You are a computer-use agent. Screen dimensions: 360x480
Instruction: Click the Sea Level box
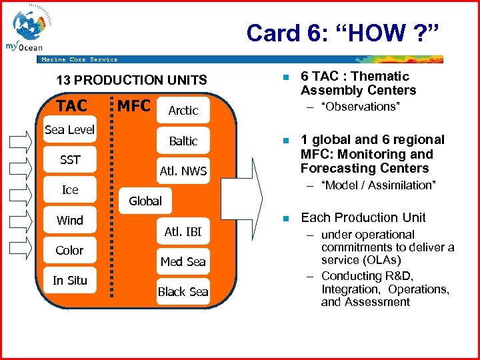pos(70,129)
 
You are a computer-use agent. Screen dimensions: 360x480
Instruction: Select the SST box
pos(70,160)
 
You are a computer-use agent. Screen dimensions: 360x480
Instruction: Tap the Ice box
pos(70,190)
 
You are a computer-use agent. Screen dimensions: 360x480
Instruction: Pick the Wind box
pos(70,221)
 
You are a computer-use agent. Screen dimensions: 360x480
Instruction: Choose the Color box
pos(70,251)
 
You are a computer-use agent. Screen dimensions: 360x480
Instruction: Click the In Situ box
pos(70,281)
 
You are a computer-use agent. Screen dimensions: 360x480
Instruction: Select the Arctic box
pos(183,111)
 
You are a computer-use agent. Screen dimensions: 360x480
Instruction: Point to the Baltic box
pos(183,141)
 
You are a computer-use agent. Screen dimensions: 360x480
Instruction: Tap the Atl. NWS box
pos(183,171)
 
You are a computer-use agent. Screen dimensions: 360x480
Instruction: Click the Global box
pos(145,201)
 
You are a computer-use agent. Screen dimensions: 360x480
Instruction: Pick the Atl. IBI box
pos(183,232)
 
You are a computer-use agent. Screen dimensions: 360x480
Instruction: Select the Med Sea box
pos(183,262)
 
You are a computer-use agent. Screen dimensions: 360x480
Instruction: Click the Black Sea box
pos(183,292)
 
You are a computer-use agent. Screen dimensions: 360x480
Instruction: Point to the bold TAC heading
pos(71,106)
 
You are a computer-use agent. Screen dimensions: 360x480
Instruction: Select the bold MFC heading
pos(133,106)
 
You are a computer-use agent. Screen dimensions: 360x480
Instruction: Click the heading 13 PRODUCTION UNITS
pos(131,81)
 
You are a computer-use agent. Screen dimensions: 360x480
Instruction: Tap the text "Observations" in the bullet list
pos(361,107)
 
